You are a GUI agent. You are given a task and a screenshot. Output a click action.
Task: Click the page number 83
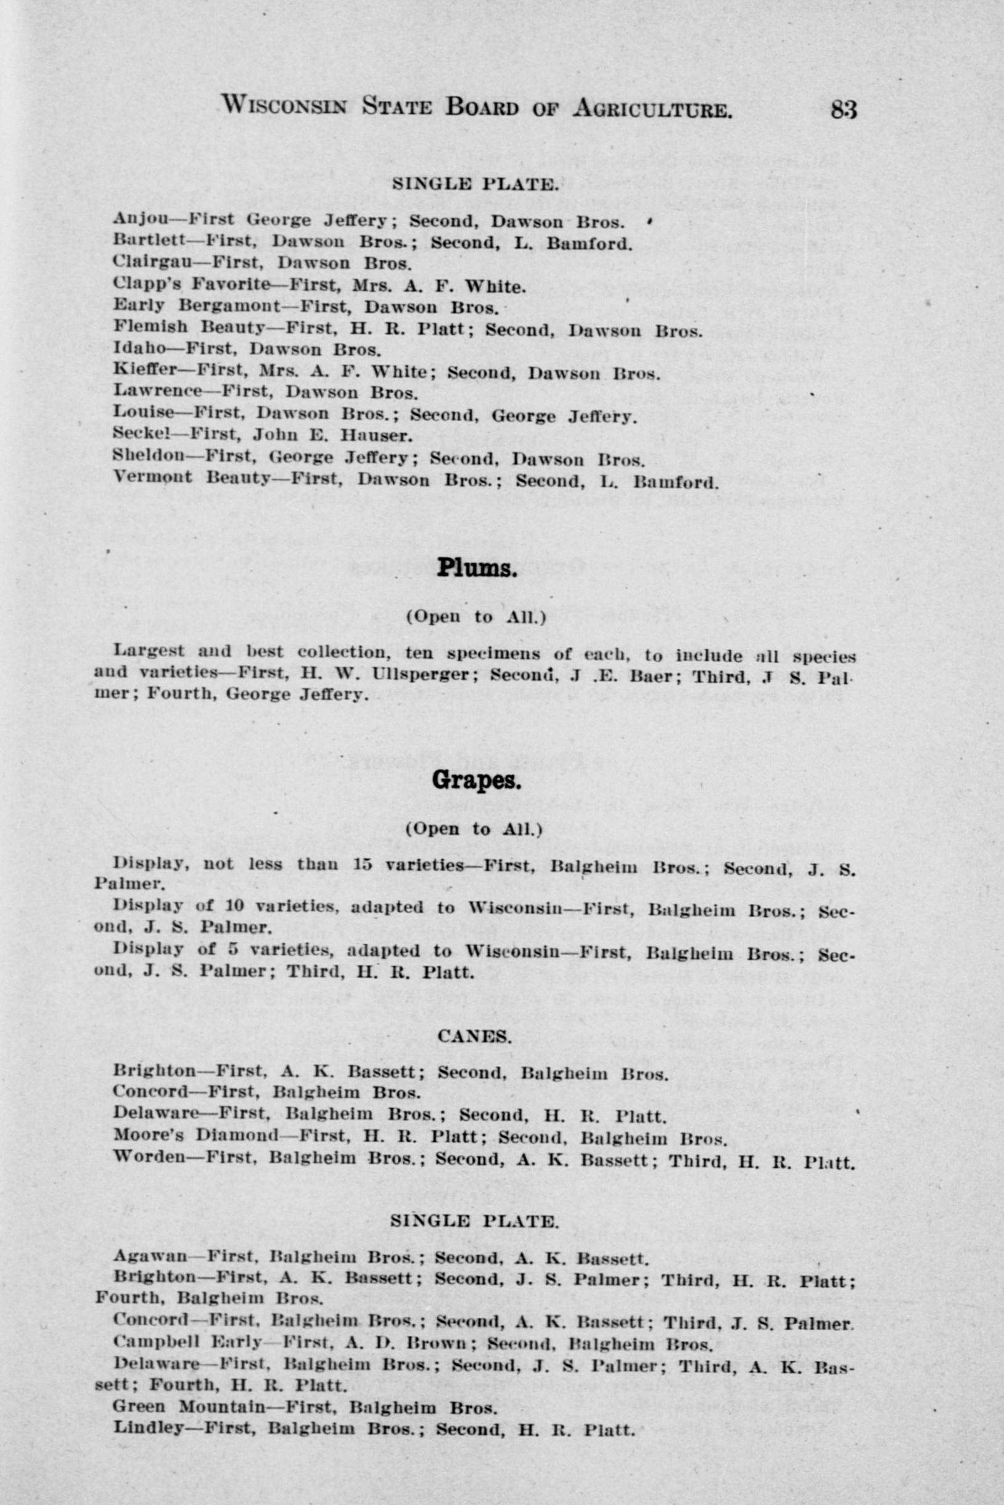[843, 110]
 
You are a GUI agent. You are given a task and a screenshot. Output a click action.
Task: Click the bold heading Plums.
[476, 568]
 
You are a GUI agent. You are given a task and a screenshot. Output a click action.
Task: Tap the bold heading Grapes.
[475, 780]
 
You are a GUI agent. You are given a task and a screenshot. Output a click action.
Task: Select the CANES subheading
[474, 1036]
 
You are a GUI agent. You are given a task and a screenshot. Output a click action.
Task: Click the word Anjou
[140, 219]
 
